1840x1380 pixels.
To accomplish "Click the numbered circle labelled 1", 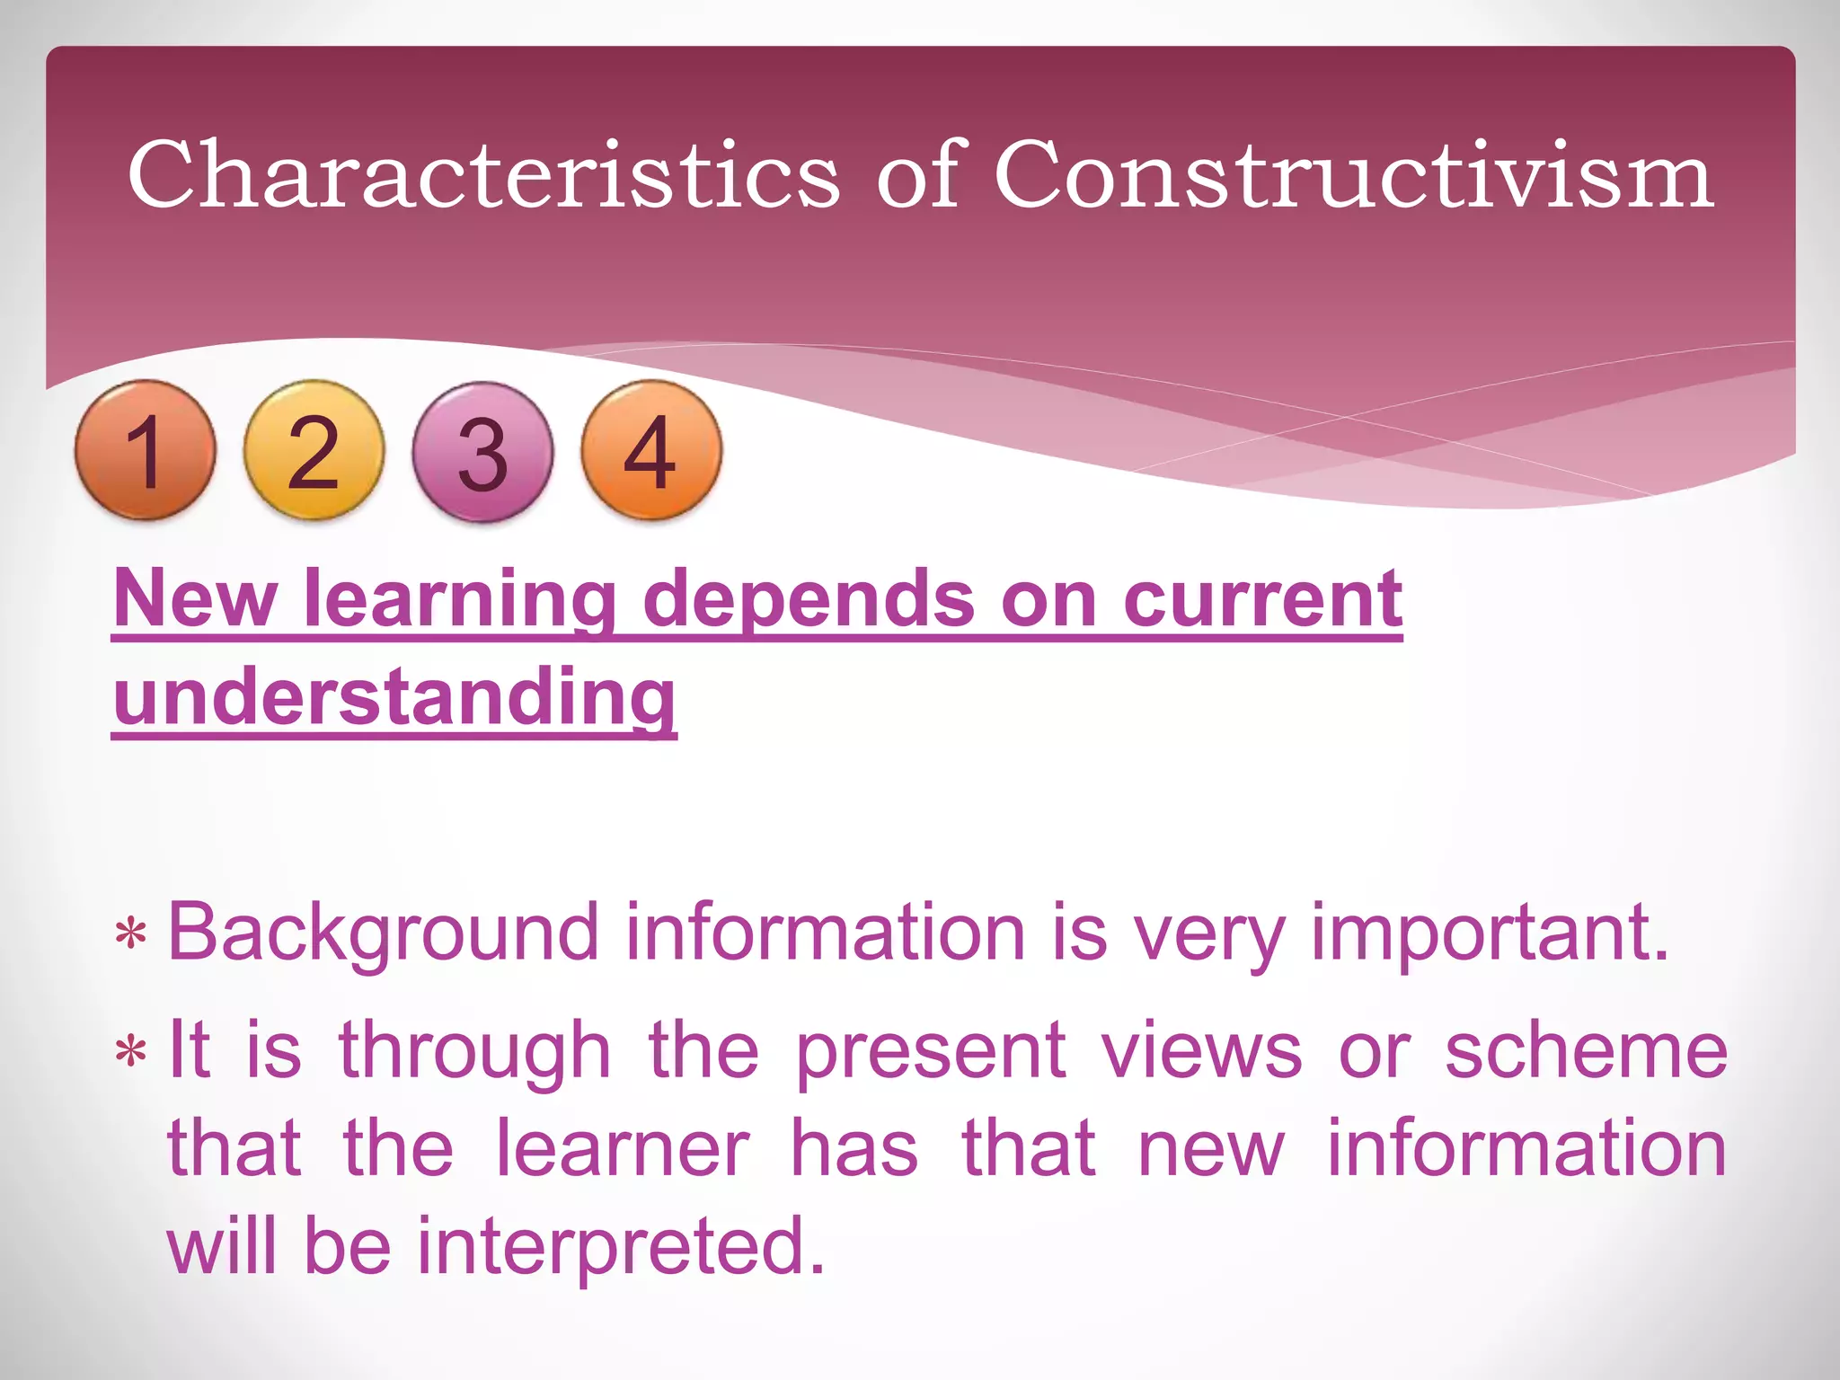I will pyautogui.click(x=145, y=450).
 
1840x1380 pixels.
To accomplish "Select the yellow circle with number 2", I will pyautogui.click(x=314, y=450).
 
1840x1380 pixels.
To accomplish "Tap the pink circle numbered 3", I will pyautogui.click(x=482, y=452).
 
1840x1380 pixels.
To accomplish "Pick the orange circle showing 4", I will pyautogui.click(x=650, y=450).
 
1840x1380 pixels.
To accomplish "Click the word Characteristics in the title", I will pyautogui.click(x=484, y=175).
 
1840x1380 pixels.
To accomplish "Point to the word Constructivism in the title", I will pyautogui.click(x=1353, y=175).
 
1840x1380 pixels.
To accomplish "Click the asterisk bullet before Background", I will pyautogui.click(x=131, y=935).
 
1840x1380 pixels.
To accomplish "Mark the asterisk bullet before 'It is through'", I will pyautogui.click(x=131, y=1051).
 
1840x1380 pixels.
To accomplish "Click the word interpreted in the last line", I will pyautogui.click(x=621, y=1245).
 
